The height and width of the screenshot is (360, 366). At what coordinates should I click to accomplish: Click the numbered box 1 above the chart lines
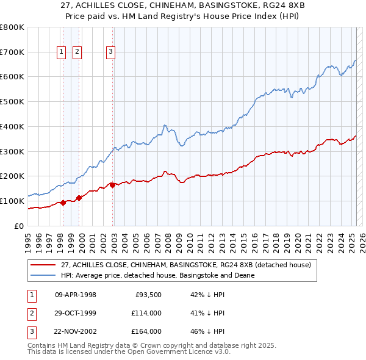tap(62, 52)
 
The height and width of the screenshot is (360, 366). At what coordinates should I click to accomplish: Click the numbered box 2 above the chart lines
tap(77, 52)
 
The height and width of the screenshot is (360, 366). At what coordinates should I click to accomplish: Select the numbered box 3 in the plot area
tap(110, 52)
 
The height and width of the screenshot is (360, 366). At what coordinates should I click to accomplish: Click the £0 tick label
tap(20, 226)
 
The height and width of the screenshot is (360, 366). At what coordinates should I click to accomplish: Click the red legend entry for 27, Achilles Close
tap(186, 265)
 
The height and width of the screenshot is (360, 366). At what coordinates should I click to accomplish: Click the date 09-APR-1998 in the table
tap(76, 295)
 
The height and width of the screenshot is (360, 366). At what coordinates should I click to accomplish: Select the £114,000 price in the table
tap(146, 313)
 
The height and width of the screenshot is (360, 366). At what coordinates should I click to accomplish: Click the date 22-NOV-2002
tap(76, 331)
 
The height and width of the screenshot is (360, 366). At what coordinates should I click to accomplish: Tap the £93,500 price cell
tap(148, 295)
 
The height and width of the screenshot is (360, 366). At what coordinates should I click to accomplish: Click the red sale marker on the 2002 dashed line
tap(112, 185)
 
